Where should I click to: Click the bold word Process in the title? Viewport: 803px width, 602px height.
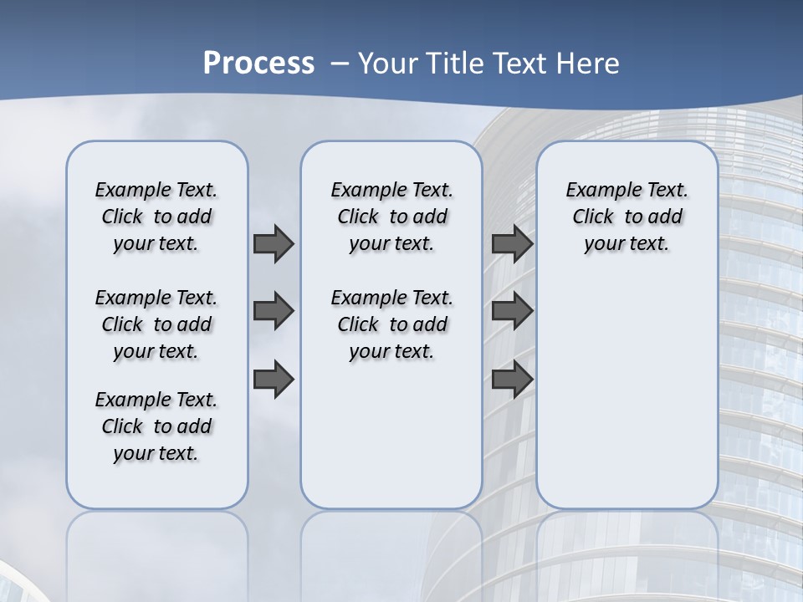tap(258, 63)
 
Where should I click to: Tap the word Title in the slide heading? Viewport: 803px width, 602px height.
tap(455, 64)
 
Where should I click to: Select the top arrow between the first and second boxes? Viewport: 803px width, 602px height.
tap(274, 243)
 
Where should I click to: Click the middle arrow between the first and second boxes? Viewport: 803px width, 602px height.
tap(274, 312)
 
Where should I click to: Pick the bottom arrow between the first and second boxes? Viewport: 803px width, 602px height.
tap(274, 380)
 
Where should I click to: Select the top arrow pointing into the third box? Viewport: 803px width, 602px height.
tap(512, 243)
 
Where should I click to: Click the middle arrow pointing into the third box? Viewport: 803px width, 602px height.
tap(512, 312)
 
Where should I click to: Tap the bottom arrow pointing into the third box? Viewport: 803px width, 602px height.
tap(512, 380)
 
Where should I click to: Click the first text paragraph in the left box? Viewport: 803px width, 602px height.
tap(156, 217)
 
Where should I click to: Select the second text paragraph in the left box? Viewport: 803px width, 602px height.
tap(156, 324)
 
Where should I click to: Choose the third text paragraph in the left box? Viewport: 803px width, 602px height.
tap(156, 426)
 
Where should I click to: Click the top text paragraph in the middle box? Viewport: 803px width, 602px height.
tap(391, 217)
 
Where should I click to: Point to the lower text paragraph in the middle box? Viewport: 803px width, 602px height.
tap(391, 324)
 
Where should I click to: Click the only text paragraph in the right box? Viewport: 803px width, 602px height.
tap(627, 217)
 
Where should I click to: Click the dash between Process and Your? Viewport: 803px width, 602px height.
tap(340, 64)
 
